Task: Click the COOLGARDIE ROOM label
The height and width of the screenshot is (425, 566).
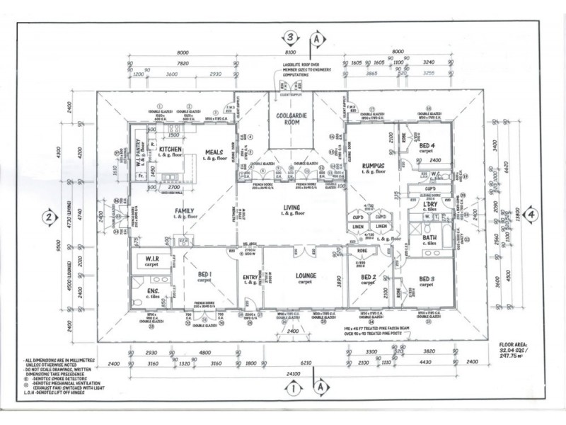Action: pyautogui.click(x=290, y=118)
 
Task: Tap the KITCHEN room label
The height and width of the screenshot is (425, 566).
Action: pyautogui.click(x=171, y=149)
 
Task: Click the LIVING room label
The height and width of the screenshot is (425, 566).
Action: pyautogui.click(x=291, y=205)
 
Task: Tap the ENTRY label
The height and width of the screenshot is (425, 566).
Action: pyautogui.click(x=250, y=277)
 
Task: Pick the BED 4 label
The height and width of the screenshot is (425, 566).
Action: pyautogui.click(x=426, y=145)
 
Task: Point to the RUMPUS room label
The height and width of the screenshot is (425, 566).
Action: pyautogui.click(x=371, y=166)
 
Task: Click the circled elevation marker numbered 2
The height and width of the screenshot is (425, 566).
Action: pyautogui.click(x=50, y=217)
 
